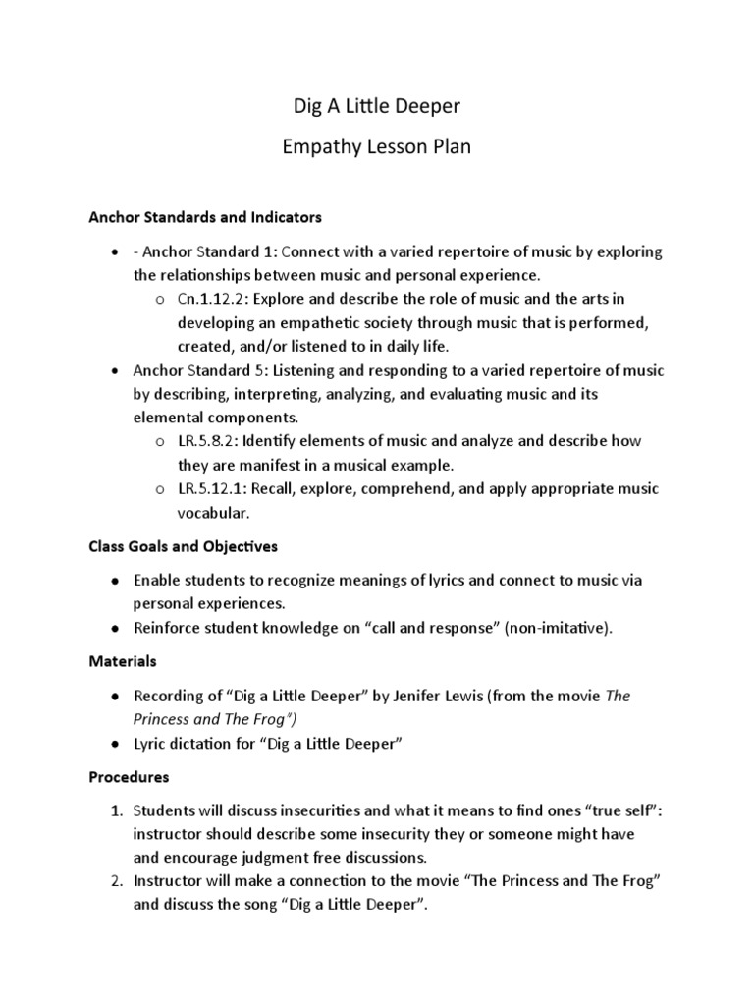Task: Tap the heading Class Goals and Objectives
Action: point(184,545)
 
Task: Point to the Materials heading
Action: point(123,661)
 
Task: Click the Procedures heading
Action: point(129,776)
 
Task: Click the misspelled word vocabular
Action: point(213,512)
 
